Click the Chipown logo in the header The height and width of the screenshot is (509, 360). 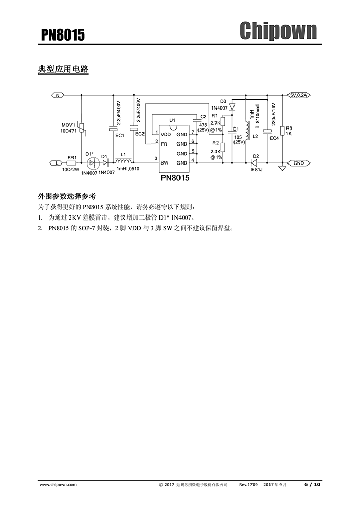278,31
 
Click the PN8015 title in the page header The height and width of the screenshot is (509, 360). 63,35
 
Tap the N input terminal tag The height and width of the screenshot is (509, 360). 58,95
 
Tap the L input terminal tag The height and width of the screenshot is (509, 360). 58,163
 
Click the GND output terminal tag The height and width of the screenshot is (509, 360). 298,163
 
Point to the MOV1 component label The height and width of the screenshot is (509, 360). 68,125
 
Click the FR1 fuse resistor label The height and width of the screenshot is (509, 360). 72,157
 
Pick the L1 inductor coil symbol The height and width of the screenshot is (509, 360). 123,161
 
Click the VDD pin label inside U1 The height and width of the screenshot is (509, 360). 166,135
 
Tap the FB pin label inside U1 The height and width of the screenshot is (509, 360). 164,144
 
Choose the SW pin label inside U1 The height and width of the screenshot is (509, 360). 164,163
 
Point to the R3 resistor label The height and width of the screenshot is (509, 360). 289,128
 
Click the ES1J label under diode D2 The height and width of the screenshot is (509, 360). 256,170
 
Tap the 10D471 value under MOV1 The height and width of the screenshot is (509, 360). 68,131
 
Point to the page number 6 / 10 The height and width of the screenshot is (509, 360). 312,484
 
